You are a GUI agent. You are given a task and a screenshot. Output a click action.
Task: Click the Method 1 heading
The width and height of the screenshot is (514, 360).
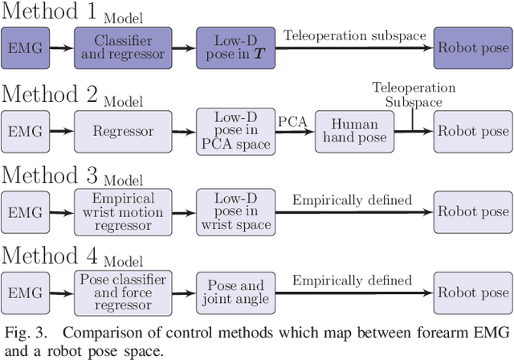click(51, 14)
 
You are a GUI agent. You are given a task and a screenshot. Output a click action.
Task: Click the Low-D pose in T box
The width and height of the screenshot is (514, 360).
click(233, 48)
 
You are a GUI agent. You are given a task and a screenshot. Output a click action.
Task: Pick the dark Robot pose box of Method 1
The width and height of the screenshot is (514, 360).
click(472, 48)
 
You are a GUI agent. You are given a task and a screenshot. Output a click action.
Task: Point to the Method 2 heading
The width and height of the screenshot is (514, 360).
click(51, 96)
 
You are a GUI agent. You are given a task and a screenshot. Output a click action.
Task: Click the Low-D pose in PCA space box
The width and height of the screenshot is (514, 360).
click(233, 130)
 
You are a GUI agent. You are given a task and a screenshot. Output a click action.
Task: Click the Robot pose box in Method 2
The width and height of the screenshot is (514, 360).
click(472, 130)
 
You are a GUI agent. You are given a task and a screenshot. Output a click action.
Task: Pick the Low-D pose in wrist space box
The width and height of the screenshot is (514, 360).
click(233, 211)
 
